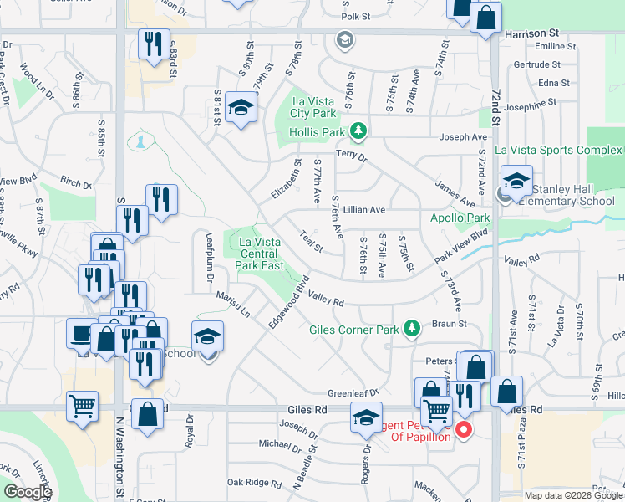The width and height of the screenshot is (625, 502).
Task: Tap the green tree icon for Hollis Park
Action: tap(358, 131)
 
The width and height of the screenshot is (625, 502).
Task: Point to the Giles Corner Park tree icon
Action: tap(410, 328)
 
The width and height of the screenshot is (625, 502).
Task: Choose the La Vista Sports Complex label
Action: tap(557, 150)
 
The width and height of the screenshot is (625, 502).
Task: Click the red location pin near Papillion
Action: tap(464, 431)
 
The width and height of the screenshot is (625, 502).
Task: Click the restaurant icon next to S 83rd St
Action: tap(154, 44)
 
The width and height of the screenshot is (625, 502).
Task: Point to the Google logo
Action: tap(27, 493)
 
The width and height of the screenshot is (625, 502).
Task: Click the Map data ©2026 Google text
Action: tap(572, 495)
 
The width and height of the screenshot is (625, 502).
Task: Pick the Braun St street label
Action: tap(448, 323)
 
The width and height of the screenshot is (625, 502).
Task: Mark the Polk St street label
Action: tap(355, 16)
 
